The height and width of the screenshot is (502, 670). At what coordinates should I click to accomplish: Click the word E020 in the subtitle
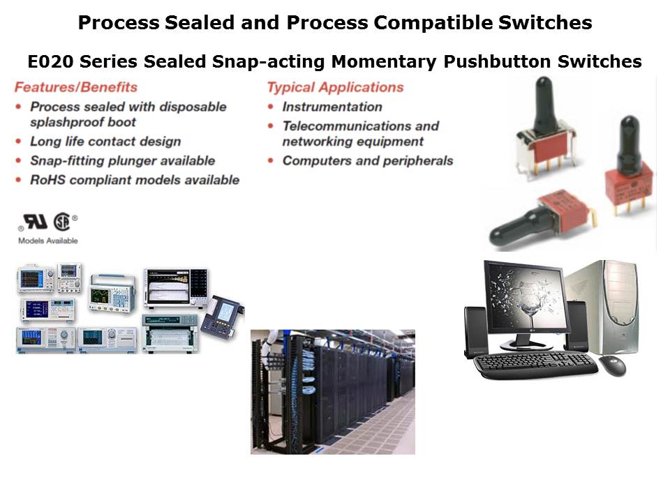(x=51, y=61)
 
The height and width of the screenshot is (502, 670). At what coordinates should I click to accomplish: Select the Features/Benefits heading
(x=76, y=87)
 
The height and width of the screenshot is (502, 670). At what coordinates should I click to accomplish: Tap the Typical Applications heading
(x=336, y=87)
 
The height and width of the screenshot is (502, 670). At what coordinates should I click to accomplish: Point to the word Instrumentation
(x=332, y=107)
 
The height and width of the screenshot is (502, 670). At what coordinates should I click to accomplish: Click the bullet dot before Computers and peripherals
(x=271, y=160)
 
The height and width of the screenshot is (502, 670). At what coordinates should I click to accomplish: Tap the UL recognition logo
(x=35, y=222)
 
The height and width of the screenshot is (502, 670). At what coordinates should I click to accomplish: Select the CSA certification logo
(x=62, y=222)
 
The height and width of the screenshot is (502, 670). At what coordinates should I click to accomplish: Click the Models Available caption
(x=48, y=241)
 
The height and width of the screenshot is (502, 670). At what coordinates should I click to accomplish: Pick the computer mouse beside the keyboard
(x=612, y=366)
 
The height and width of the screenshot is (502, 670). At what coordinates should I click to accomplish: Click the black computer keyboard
(x=536, y=365)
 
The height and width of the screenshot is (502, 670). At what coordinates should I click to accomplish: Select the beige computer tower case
(x=602, y=307)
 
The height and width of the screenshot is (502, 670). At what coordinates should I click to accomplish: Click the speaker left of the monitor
(x=475, y=332)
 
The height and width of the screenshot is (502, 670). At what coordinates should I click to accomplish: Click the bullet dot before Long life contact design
(x=18, y=142)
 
